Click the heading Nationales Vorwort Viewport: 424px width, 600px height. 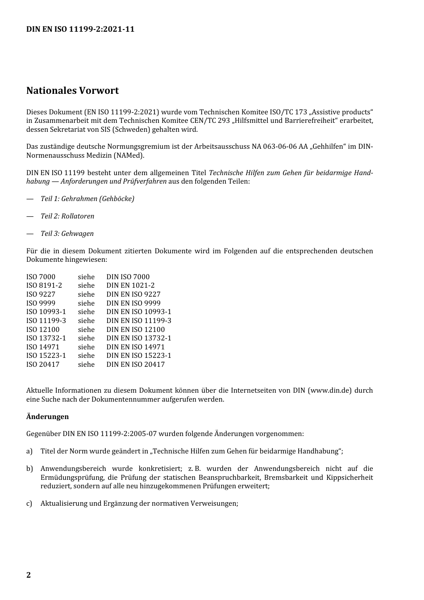(72, 91)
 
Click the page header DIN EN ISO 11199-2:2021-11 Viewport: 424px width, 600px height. (80, 29)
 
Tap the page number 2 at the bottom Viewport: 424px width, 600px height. (29, 575)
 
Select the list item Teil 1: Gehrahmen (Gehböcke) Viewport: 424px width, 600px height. (87, 199)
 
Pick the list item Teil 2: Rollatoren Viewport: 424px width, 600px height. (67, 216)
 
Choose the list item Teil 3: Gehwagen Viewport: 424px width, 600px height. (67, 234)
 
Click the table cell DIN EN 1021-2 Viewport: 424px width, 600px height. (130, 285)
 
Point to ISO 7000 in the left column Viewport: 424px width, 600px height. (41, 277)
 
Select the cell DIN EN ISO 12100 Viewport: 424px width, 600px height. (135, 330)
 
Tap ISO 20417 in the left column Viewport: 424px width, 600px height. (43, 365)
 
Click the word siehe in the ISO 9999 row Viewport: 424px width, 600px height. (86, 303)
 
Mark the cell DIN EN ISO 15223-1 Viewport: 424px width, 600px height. (139, 356)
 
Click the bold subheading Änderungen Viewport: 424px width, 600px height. (47, 417)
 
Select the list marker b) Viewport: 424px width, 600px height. (29, 469)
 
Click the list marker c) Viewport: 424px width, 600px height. (29, 503)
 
